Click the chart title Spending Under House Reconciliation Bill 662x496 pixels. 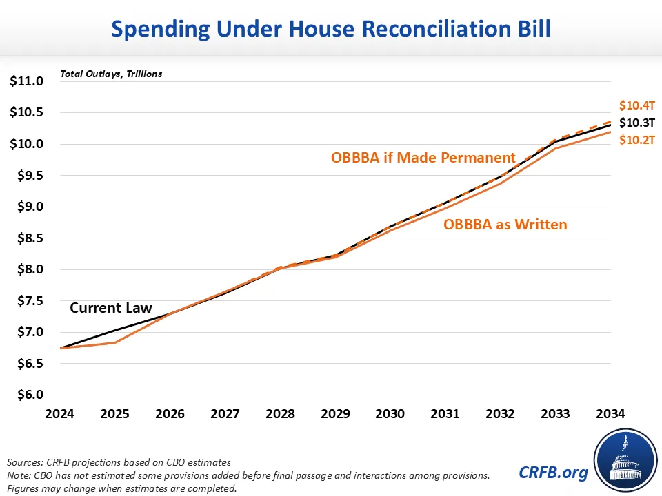pos(331,29)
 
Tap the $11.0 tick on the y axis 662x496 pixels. pos(27,81)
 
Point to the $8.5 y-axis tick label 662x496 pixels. pos(27,238)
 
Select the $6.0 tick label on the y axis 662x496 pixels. pos(27,395)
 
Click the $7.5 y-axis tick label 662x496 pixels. pos(27,301)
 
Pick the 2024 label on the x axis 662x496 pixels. pos(59,414)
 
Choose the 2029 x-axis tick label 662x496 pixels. pos(335,414)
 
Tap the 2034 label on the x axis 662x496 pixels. pos(610,414)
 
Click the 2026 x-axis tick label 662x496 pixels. pos(170,414)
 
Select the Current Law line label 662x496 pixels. pos(110,308)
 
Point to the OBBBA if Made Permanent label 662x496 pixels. pos(423,157)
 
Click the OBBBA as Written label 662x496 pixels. pos(505,224)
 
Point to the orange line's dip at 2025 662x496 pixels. pos(114,342)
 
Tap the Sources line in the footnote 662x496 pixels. pos(119,462)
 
